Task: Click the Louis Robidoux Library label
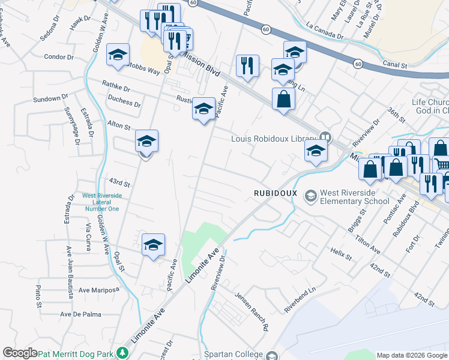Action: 273,139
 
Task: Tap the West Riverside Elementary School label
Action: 355,197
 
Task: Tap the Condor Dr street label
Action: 58,57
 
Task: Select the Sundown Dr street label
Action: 49,98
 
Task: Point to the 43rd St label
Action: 119,182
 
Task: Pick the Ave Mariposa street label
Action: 98,290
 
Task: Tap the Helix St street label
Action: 340,253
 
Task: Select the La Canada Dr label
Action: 324,31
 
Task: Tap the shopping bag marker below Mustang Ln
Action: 283,98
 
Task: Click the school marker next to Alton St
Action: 146,142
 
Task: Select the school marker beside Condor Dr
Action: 118,55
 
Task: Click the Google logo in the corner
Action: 20,353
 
